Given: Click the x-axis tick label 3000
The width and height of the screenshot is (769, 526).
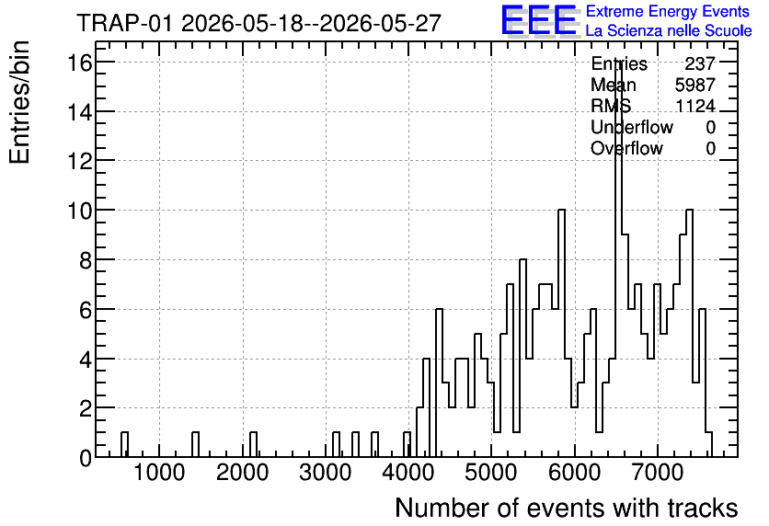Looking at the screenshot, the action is (325, 474).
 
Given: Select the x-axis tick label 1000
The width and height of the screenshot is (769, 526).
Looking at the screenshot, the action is (159, 474).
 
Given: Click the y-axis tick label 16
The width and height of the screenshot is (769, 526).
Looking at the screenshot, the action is (80, 63).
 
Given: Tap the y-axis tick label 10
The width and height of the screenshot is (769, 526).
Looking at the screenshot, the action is (80, 211).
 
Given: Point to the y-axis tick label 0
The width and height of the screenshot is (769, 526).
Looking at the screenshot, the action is (86, 458).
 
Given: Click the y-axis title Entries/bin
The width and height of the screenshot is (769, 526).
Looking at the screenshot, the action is (19, 102).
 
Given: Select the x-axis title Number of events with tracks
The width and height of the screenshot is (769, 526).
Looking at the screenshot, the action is (567, 508).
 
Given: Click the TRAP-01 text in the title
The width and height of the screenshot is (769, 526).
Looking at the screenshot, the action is (125, 23).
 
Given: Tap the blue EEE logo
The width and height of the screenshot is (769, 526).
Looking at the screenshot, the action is (539, 20).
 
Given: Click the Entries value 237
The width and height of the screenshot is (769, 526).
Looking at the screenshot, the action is (700, 63).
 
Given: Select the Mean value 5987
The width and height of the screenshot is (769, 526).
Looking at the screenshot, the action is (695, 85).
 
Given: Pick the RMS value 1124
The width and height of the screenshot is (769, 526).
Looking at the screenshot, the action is (695, 106).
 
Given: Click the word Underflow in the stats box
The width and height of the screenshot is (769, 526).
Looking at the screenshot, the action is (632, 127).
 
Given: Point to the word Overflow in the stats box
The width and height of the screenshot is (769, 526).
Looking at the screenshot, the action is (626, 148).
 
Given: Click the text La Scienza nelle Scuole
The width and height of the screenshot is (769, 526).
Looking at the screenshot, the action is (669, 31).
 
